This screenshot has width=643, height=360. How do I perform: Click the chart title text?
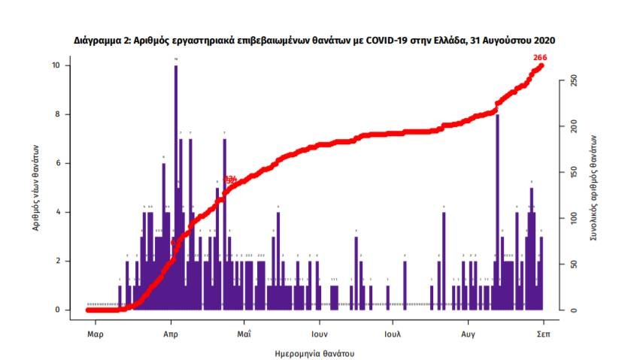pyautogui.click(x=320, y=39)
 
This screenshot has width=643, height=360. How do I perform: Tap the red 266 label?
pyautogui.click(x=540, y=58)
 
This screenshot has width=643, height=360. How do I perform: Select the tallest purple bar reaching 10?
pyautogui.click(x=176, y=188)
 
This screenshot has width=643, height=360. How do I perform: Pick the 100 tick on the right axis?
pyautogui.click(x=573, y=218)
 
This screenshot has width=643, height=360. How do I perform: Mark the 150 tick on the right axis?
pyautogui.click(x=573, y=172)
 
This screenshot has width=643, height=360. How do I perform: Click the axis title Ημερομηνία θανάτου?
pyautogui.click(x=316, y=352)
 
